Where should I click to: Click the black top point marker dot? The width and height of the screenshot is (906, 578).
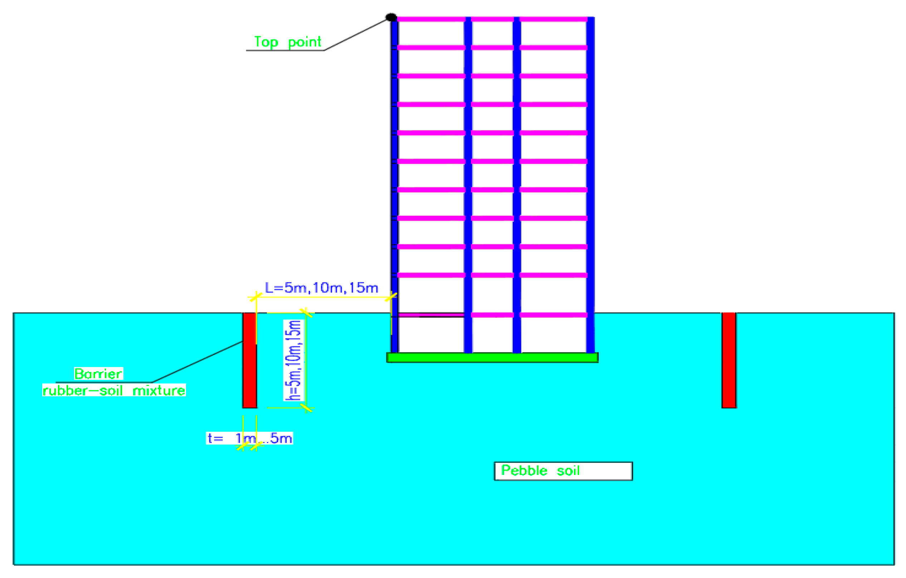(391, 17)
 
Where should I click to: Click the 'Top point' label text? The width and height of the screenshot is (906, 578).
(287, 42)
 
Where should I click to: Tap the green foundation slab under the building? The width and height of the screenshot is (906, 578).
(492, 357)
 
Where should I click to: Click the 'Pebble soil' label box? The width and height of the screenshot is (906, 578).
(563, 471)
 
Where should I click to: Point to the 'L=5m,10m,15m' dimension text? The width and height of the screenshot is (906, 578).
(321, 288)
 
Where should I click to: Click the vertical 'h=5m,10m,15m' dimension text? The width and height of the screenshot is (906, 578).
(293, 360)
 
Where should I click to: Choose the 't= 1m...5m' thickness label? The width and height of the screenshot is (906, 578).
(249, 438)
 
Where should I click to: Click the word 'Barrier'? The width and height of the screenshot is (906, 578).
(98, 374)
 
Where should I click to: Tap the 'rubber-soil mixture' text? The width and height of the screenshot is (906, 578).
(114, 391)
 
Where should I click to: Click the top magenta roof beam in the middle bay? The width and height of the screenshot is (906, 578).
(492, 19)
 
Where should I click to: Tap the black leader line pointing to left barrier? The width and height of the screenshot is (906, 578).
(198, 362)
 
